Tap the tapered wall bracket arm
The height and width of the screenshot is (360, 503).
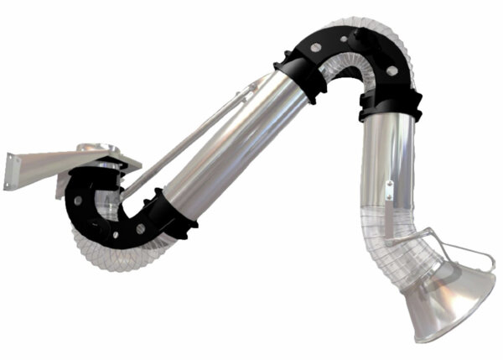point(50,163)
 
